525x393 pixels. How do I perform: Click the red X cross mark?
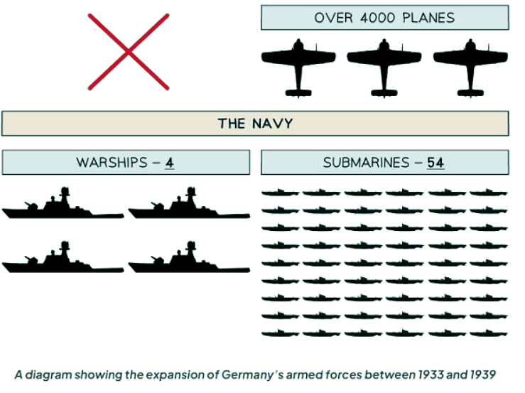pyautogui.click(x=129, y=52)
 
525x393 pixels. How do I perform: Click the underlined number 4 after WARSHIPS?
pyautogui.click(x=170, y=163)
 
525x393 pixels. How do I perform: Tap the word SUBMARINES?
pyautogui.click(x=366, y=163)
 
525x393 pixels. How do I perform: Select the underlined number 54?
pyautogui.click(x=435, y=163)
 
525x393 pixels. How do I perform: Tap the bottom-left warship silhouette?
pyautogui.click(x=63, y=259)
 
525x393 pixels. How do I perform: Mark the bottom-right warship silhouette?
pyautogui.click(x=188, y=259)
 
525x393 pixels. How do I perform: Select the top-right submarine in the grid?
pyautogui.click(x=488, y=192)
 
